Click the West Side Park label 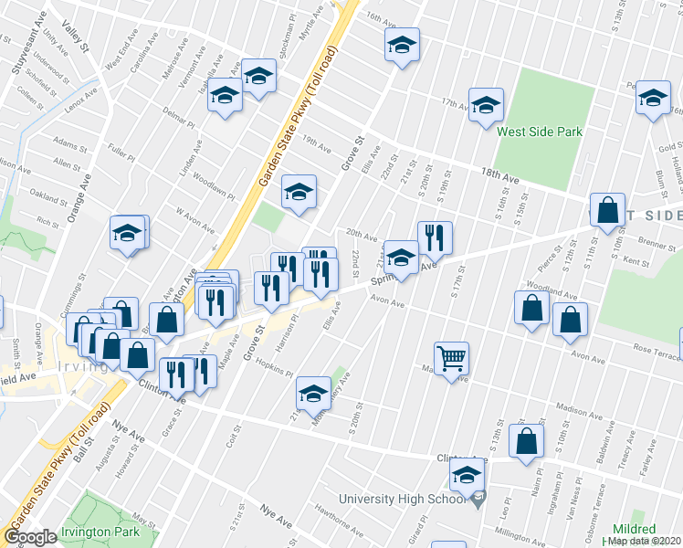[x=539, y=132]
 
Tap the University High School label [x=405, y=499]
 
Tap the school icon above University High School [x=467, y=475]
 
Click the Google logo [x=30, y=537]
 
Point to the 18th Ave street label [x=497, y=176]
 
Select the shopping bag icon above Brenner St [x=606, y=211]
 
